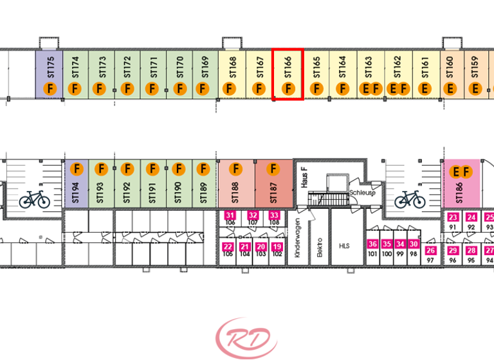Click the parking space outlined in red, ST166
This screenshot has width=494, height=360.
point(288,75)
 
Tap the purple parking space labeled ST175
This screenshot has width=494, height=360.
point(48,75)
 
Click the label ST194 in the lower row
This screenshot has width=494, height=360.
point(75,192)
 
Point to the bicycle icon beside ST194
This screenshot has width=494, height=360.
point(34,199)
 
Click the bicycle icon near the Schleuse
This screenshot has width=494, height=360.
point(410,199)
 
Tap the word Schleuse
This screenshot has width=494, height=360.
point(362,192)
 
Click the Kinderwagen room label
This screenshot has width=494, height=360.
point(297,238)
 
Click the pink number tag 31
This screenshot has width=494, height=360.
point(230,215)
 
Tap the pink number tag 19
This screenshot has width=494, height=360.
point(277,247)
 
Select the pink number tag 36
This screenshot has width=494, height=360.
point(372,244)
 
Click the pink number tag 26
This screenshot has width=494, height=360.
point(431,250)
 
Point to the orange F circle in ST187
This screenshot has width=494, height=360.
point(273,169)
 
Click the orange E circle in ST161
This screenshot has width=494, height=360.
point(425,89)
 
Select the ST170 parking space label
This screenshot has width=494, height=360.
point(179,66)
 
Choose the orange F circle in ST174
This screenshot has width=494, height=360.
point(75,89)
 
